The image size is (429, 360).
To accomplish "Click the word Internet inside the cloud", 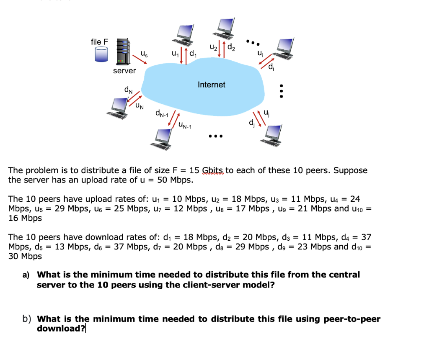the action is (x=211, y=85).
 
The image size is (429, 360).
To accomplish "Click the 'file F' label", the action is (x=99, y=42).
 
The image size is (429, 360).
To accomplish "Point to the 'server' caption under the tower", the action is (x=124, y=71).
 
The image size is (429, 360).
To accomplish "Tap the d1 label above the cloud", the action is (x=193, y=54).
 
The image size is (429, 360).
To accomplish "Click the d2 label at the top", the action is (x=231, y=47).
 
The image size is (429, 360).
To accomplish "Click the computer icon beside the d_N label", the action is (x=118, y=107).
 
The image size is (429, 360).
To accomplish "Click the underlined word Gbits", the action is (x=214, y=170).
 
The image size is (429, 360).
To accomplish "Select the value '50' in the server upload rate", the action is (x=162, y=180).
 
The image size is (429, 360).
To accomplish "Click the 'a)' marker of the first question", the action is (x=26, y=275).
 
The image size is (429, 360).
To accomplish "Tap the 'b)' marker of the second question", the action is (x=26, y=319).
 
